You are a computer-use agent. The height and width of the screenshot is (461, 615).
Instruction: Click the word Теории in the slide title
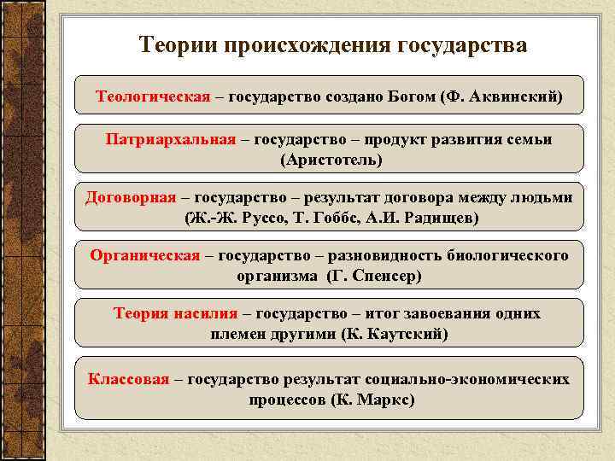pos(178,44)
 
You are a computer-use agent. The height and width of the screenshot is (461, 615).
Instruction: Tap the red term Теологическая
pos(153,96)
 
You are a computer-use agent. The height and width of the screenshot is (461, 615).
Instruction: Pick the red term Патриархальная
pos(171,139)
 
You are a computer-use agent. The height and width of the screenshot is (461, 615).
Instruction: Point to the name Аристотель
pos(331,160)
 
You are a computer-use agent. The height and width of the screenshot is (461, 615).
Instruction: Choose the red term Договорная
pos(131,197)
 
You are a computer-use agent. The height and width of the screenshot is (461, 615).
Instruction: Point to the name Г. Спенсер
pos(374,276)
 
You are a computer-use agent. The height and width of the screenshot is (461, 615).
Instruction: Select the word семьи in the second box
pos(529,139)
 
